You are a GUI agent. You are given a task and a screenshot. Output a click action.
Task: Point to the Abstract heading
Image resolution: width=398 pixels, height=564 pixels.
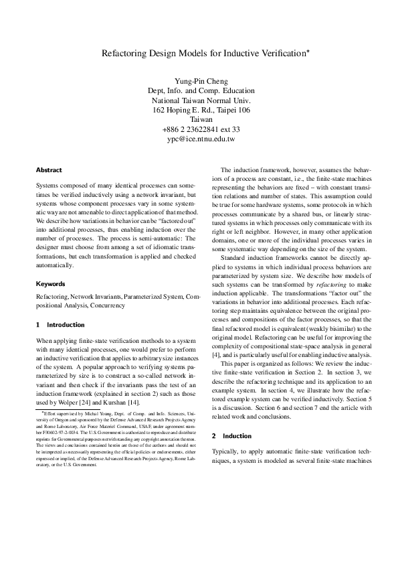point(49,170)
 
